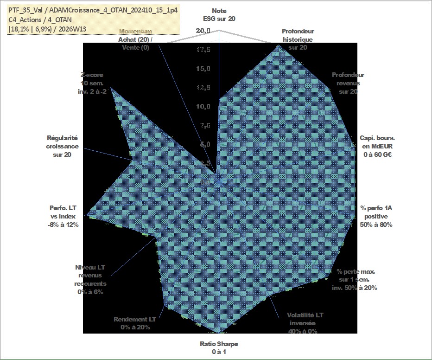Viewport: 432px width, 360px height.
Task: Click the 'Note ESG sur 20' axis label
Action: (x=219, y=14)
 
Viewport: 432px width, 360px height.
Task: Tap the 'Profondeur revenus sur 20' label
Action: (x=348, y=83)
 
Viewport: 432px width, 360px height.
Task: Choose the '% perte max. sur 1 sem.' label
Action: (x=355, y=279)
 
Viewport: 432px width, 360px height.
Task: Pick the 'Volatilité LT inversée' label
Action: (x=305, y=323)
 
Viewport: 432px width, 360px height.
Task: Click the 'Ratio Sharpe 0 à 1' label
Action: (x=219, y=347)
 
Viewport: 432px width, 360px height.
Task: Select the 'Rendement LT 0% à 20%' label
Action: (x=135, y=323)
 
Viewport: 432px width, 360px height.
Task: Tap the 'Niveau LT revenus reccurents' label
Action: (x=90, y=279)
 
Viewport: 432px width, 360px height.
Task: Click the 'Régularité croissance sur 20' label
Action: (x=62, y=146)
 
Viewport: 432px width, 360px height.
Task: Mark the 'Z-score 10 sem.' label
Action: (x=92, y=83)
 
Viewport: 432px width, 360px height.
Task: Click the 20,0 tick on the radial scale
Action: (x=203, y=31)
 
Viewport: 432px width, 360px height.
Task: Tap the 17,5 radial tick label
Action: (x=203, y=49)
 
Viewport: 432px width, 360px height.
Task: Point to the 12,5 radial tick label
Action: (x=203, y=87)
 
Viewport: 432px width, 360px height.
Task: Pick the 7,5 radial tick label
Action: (x=203, y=125)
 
